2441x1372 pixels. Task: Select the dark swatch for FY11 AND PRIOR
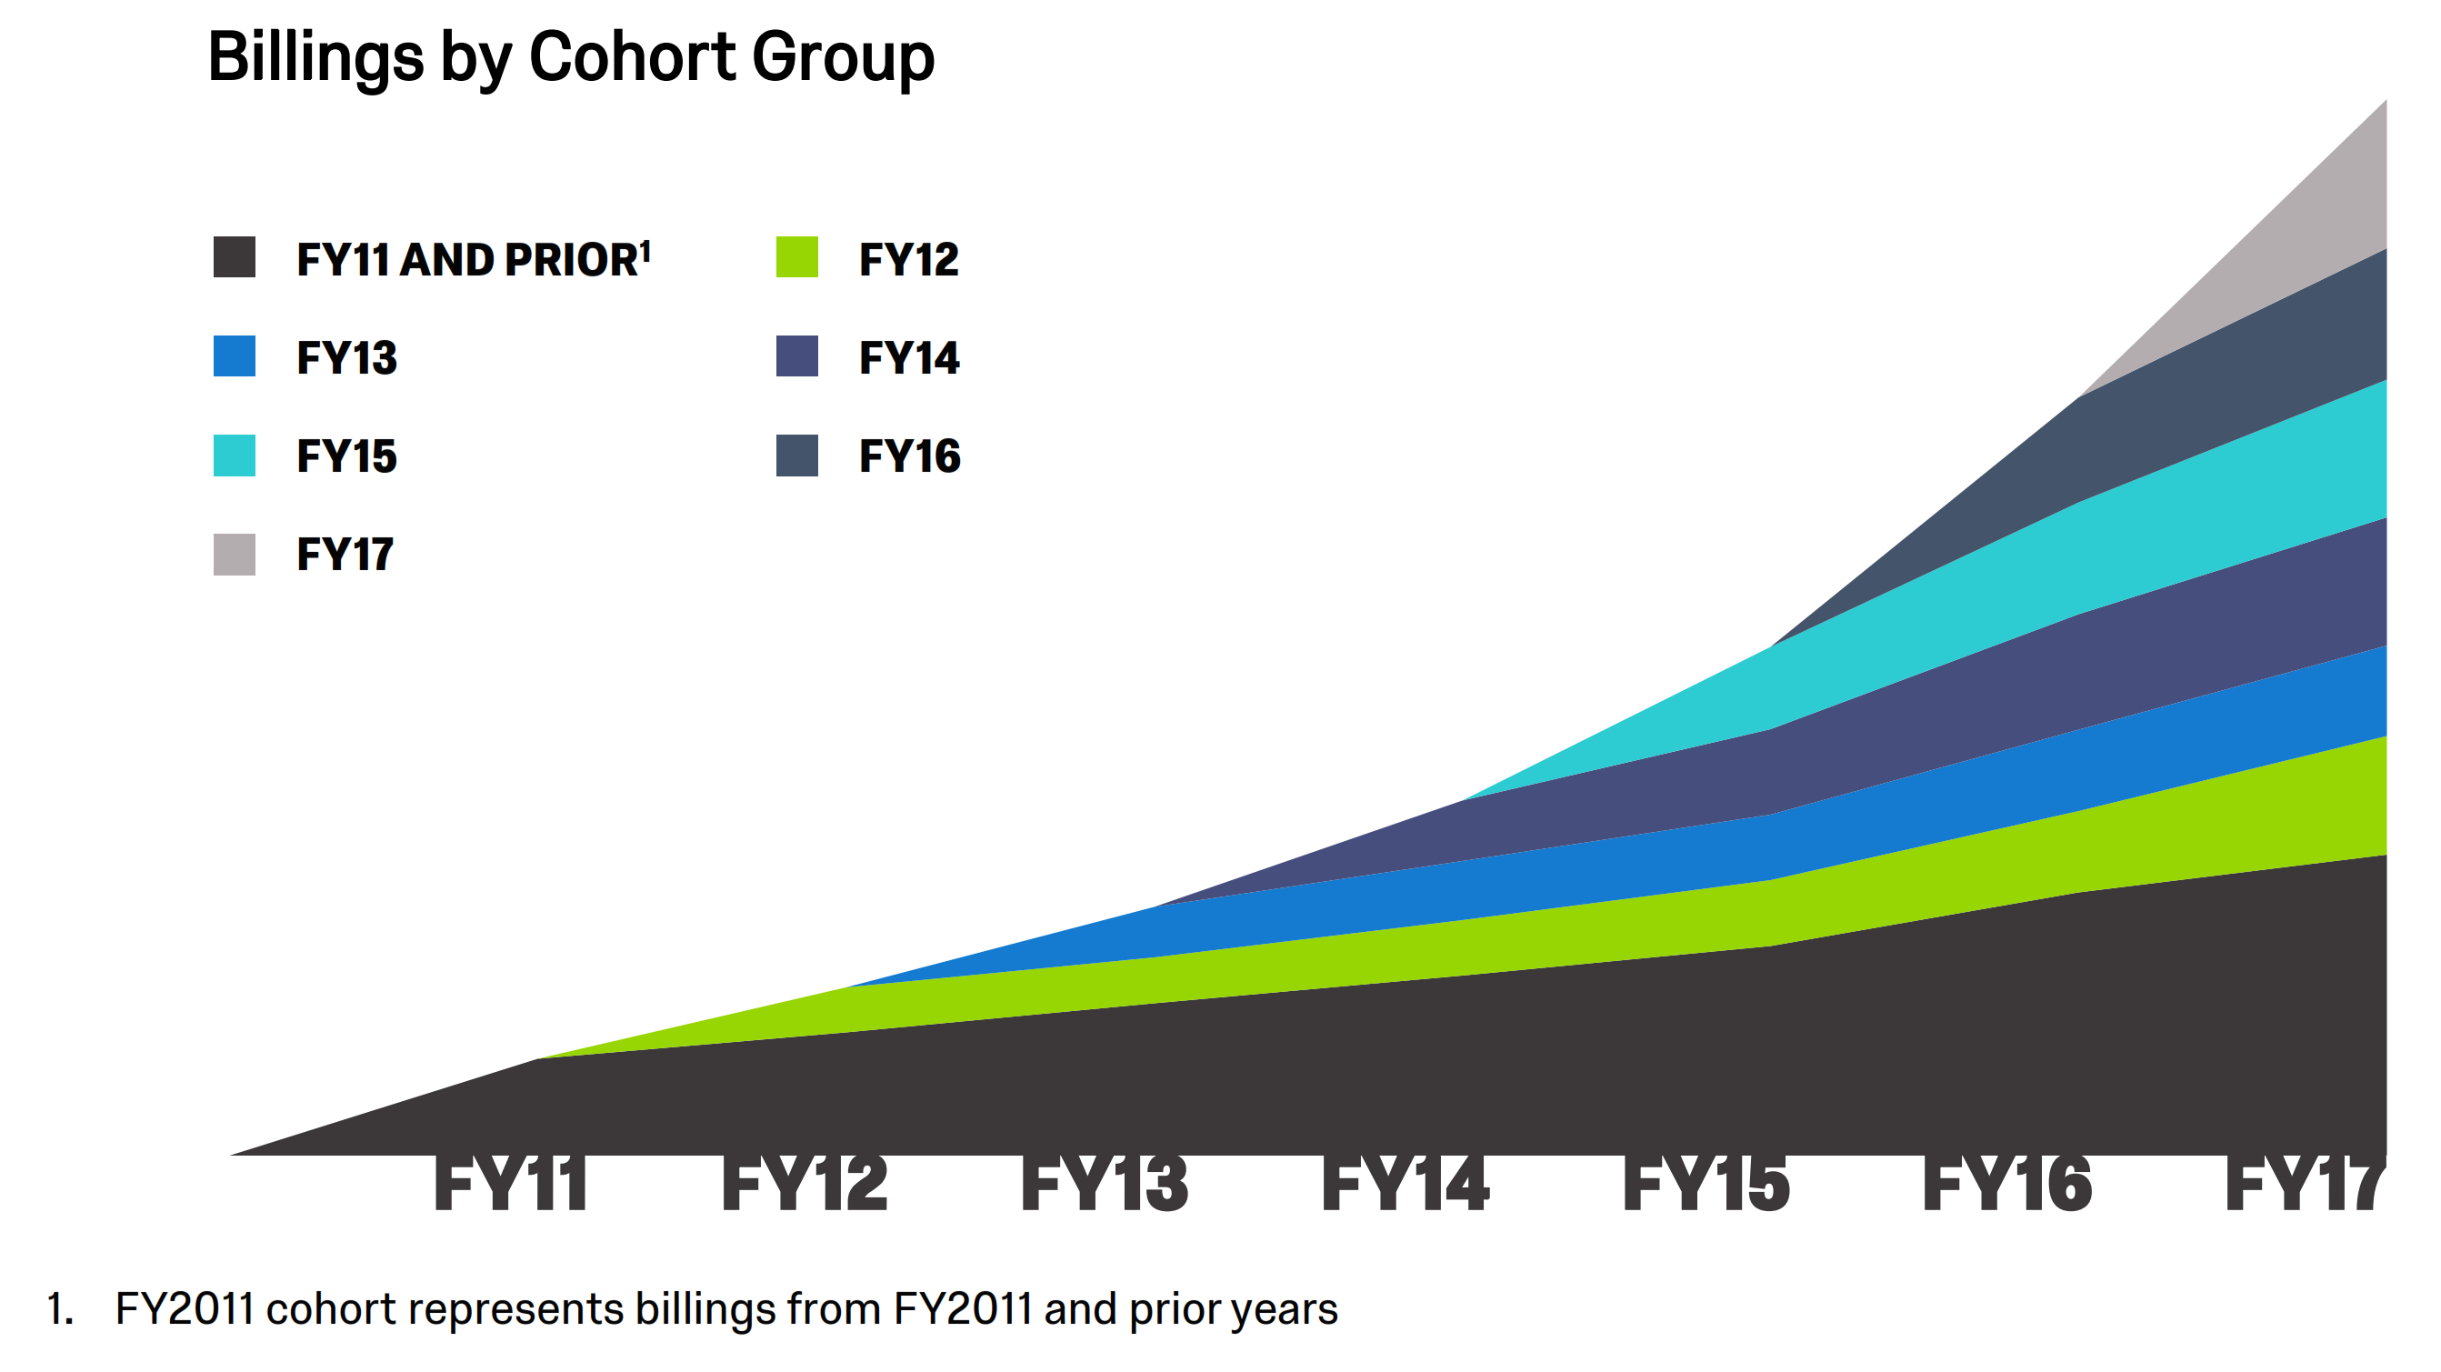tap(234, 256)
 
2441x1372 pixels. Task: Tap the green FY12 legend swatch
tap(796, 256)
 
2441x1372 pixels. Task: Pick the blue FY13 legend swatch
tap(234, 356)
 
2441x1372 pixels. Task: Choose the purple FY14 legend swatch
tap(796, 356)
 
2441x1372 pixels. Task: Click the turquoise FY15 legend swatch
tap(234, 455)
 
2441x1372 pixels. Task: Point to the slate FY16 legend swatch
tap(796, 455)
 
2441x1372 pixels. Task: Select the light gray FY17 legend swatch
tap(234, 555)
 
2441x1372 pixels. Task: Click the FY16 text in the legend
tap(909, 456)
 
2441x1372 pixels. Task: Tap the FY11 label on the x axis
tap(510, 1185)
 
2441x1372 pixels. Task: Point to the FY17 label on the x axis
tap(2303, 1185)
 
